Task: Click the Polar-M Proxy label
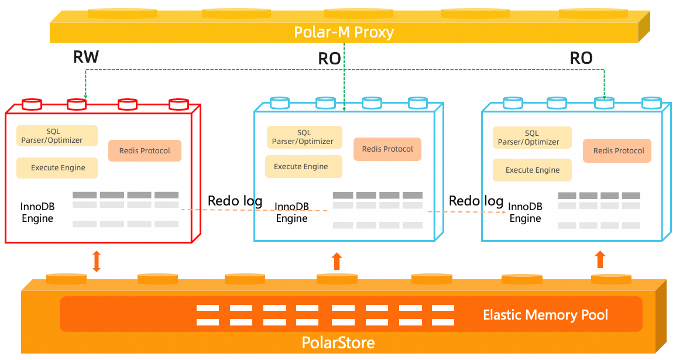pos(344,32)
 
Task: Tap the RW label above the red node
pos(86,57)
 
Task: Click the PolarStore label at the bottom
pos(338,342)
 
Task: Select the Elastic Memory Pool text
pos(545,315)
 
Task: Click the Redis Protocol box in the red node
pos(145,150)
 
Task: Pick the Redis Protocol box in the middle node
pos(387,149)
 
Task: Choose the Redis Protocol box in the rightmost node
pos(619,150)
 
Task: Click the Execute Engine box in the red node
pos(57,168)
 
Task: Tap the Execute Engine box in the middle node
pos(301,167)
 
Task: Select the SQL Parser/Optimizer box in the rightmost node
pos(531,138)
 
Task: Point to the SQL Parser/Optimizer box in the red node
pos(56,136)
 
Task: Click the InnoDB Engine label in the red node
pos(37,212)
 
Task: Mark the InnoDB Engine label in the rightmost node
pos(525,212)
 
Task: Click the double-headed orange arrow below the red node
pos(97,261)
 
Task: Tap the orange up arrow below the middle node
pos(337,260)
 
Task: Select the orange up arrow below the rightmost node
pos(600,259)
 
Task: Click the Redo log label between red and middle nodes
pos(235,201)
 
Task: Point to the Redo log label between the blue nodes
pos(476,201)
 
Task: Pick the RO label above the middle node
pos(330,59)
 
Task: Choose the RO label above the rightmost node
pos(581,58)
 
